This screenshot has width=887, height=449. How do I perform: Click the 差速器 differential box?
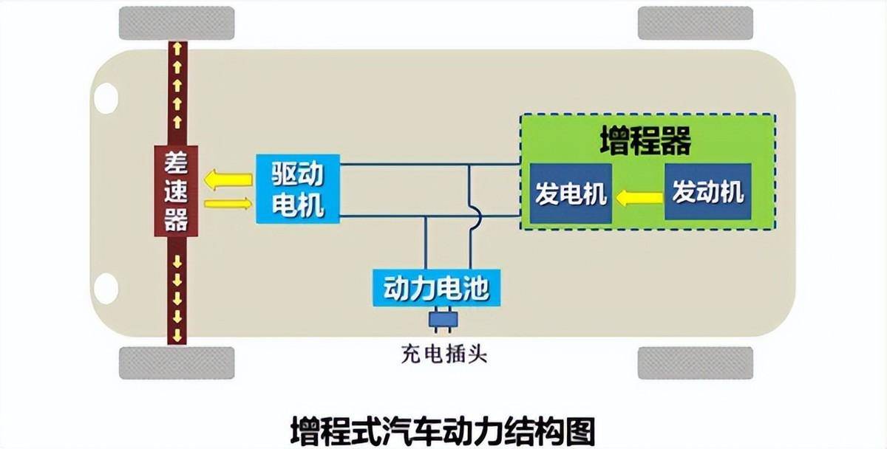click(x=177, y=191)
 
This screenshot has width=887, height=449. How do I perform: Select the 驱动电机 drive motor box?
click(x=298, y=188)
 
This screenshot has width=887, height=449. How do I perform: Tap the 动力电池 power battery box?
click(x=437, y=287)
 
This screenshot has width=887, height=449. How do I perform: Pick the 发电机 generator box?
click(x=570, y=193)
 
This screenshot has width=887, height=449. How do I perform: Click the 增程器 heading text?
click(x=645, y=142)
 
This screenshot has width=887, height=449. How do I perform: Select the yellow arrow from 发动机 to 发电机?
click(x=639, y=196)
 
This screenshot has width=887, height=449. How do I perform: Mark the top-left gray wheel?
click(x=177, y=23)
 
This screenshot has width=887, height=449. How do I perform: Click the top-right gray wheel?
click(x=695, y=23)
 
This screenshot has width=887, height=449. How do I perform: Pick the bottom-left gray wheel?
click(x=177, y=363)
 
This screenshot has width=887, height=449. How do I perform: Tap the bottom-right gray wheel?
click(x=695, y=363)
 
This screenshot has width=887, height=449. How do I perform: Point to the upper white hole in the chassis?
click(x=106, y=97)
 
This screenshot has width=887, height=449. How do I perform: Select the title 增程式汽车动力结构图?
click(x=442, y=429)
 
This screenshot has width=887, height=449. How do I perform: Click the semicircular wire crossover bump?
click(x=477, y=216)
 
